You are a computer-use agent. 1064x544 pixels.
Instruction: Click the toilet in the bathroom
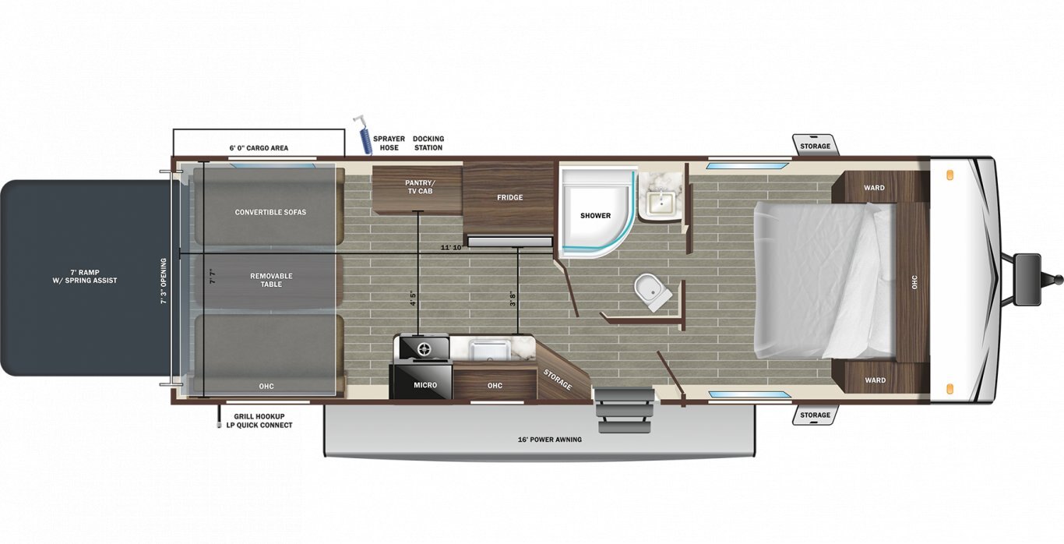(654, 291)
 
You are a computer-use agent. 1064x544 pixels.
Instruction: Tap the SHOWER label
(595, 216)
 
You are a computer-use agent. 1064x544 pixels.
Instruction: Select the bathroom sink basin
(661, 203)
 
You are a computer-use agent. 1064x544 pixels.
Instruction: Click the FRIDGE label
(509, 197)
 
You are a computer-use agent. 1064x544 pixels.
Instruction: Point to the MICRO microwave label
(425, 385)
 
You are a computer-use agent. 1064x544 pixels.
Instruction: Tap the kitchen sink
(489, 350)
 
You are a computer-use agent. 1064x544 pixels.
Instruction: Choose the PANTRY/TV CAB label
(420, 187)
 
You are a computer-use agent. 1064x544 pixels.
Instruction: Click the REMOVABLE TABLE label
(271, 280)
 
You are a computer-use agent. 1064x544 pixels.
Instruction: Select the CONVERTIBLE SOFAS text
(270, 212)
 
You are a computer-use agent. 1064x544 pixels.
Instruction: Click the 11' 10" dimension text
(451, 248)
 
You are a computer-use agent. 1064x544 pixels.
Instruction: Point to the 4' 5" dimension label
(412, 298)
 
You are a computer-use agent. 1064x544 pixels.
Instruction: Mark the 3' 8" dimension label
(513, 298)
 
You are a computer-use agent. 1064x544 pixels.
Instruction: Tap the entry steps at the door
(624, 410)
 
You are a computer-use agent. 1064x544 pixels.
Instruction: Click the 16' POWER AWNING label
(550, 440)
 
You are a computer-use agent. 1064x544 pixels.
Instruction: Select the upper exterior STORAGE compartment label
(815, 146)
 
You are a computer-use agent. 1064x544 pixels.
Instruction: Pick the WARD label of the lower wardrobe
(875, 380)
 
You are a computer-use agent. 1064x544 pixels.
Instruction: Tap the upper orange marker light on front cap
(949, 175)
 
